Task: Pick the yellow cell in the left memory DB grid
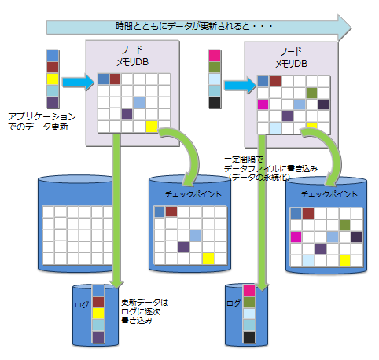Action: click(150, 126)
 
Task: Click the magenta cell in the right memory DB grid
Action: click(263, 104)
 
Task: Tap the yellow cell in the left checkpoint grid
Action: click(208, 258)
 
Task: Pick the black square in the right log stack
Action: click(250, 337)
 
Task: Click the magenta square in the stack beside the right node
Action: click(214, 55)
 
